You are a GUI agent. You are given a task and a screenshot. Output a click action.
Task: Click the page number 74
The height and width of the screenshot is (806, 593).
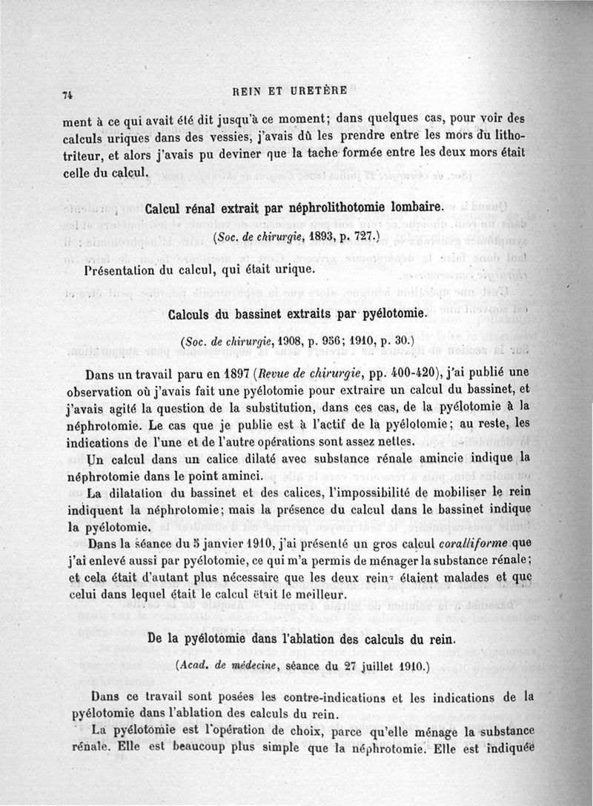[x=66, y=94]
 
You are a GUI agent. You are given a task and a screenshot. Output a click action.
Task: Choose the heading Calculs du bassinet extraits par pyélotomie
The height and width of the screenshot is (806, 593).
[x=299, y=313]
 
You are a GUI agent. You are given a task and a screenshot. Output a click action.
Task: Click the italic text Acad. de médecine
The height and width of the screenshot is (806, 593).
[x=222, y=666]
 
